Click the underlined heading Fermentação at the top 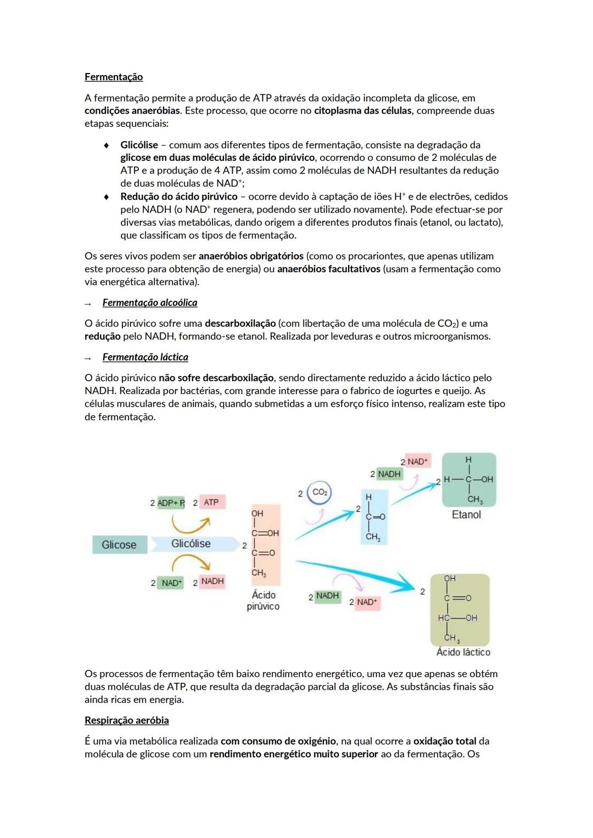tap(114, 77)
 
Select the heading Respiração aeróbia tap(126, 720)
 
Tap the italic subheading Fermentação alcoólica tap(149, 302)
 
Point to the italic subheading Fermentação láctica tap(145, 357)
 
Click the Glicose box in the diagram tap(119, 544)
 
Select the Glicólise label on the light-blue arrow tap(191, 543)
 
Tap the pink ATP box tap(211, 502)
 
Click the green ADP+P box tap(171, 503)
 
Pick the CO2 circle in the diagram tap(320, 492)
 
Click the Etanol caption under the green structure tap(466, 515)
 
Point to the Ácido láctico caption tap(463, 652)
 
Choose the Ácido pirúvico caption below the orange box tap(263, 600)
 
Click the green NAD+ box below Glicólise tap(171, 583)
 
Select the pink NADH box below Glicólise tap(212, 581)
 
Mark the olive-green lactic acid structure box tap(460, 610)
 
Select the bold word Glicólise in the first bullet tap(139, 145)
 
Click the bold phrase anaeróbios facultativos tap(328, 269)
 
